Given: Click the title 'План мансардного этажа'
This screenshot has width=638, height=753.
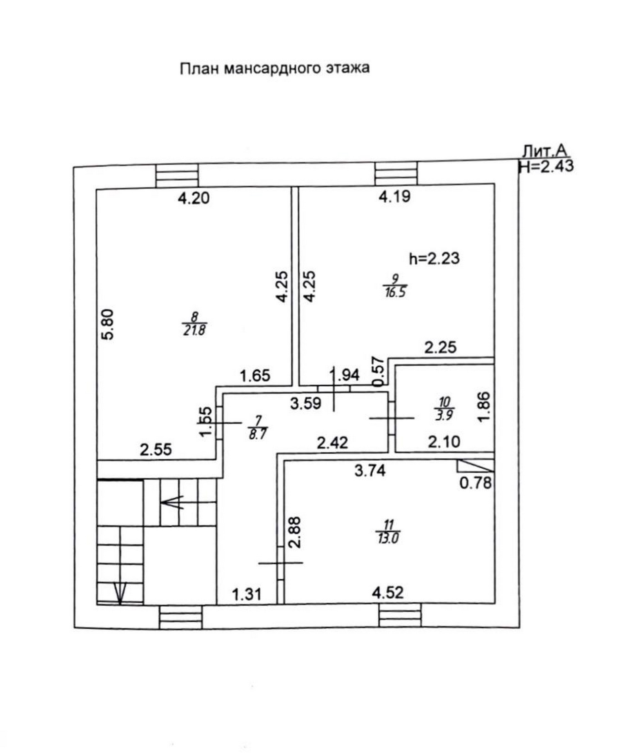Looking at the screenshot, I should (x=275, y=68).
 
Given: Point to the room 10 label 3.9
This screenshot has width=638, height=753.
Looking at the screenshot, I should (x=444, y=415).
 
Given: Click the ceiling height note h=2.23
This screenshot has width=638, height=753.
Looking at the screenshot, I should (x=434, y=259).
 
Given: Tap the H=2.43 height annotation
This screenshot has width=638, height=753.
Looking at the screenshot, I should (x=546, y=166).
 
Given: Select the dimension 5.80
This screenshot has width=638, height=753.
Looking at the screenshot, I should (x=108, y=324).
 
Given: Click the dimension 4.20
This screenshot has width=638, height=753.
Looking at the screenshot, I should (x=194, y=198).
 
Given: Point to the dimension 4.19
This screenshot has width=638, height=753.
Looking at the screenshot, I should (x=395, y=197).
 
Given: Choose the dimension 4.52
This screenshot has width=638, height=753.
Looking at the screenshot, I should (x=388, y=593).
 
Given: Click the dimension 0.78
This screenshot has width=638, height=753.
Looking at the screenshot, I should (x=476, y=483).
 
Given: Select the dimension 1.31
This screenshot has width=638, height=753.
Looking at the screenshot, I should (x=246, y=594).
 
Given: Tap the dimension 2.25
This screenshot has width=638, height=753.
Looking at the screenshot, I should (x=440, y=348).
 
